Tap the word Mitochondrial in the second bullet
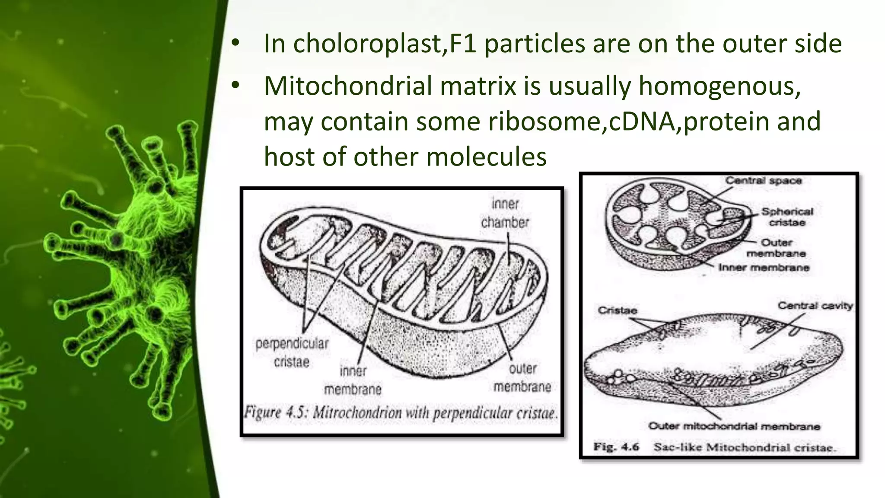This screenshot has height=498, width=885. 350,86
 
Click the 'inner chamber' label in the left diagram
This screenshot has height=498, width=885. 505,213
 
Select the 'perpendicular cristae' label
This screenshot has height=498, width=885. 292,353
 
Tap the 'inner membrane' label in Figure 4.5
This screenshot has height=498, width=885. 353,380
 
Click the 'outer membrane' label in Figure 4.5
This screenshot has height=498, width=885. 522,378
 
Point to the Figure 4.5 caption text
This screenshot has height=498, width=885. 401,413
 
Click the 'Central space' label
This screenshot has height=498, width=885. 763,181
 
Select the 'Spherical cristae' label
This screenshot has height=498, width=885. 787,217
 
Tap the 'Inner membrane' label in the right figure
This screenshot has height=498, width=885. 764,268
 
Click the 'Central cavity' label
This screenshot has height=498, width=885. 815,306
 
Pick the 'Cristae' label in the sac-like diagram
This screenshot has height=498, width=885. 617,310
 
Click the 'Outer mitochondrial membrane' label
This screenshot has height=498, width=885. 734,426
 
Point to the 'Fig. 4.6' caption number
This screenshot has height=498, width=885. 616,447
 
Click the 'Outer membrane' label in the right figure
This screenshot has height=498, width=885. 776,248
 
